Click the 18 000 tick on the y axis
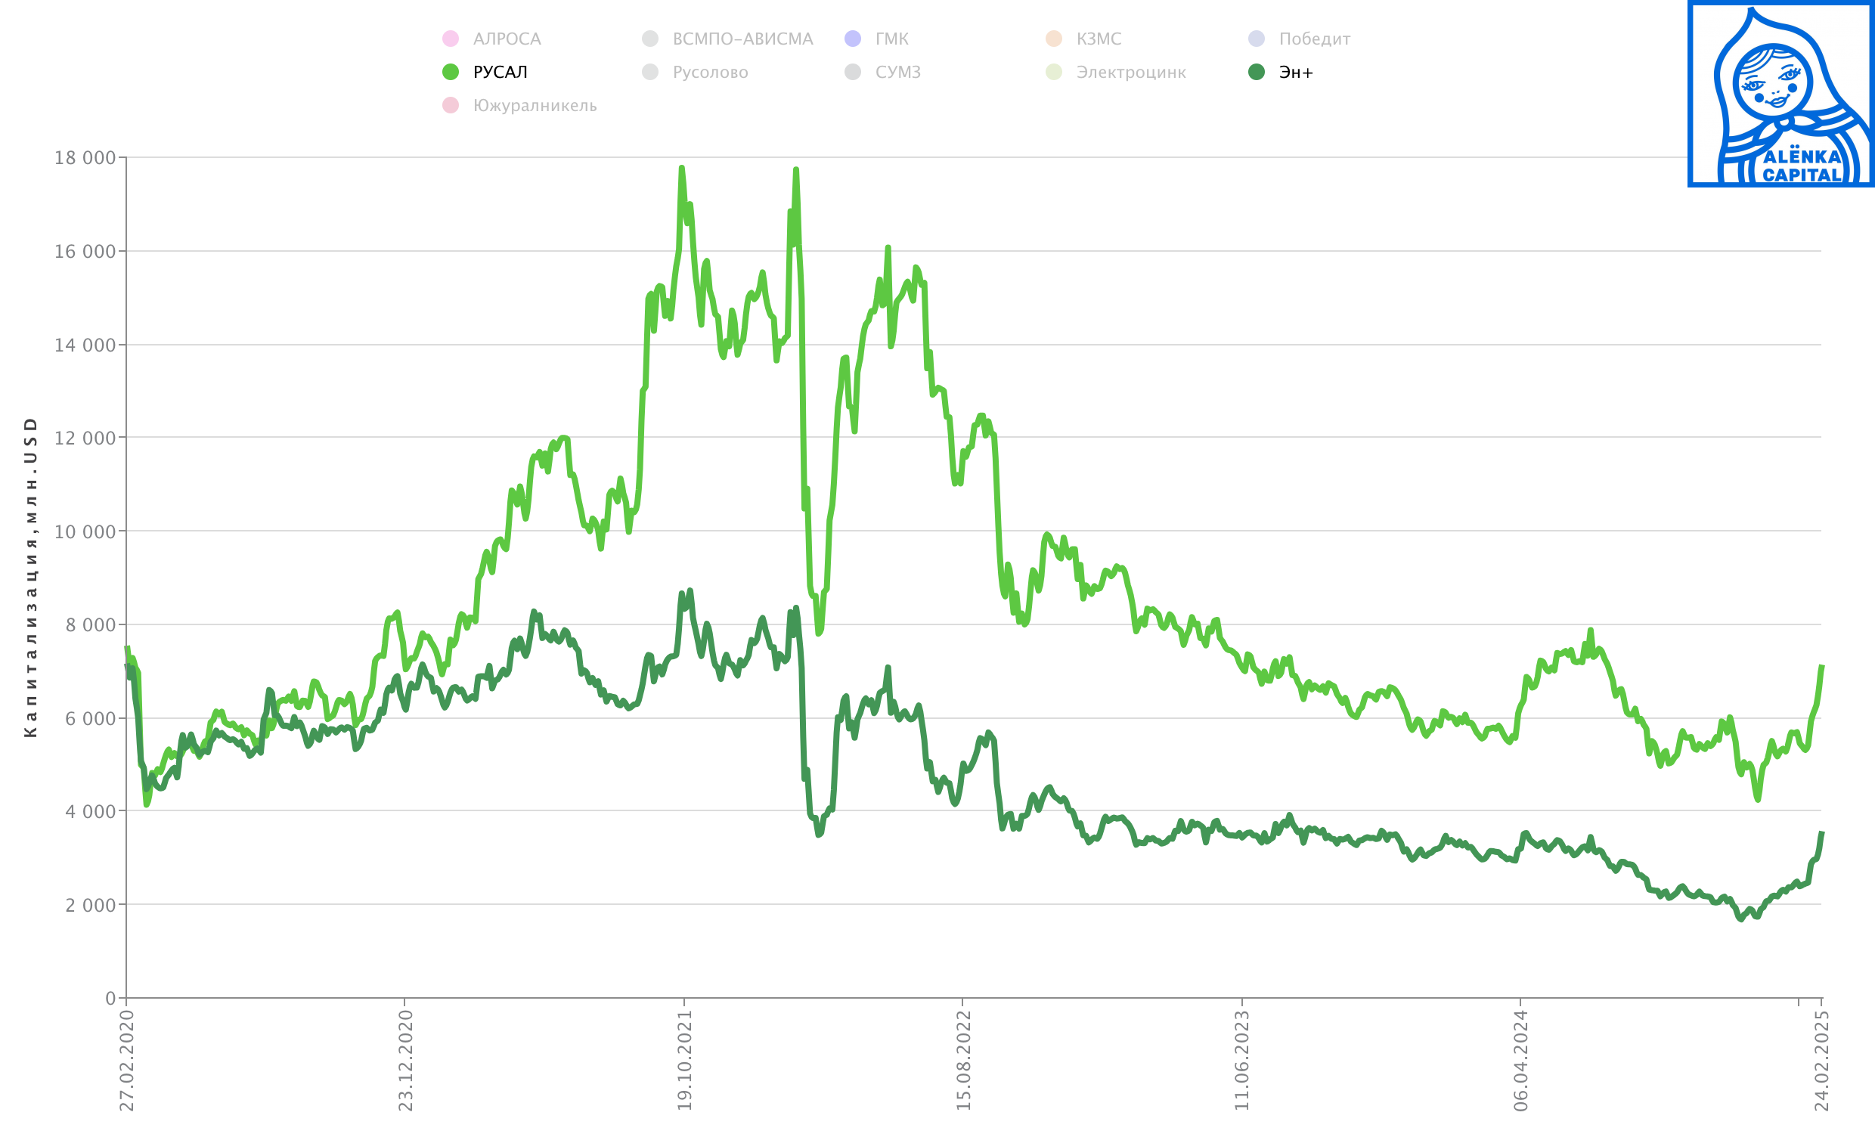pos(85,157)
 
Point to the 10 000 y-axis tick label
pos(85,532)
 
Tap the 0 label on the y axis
pos(110,999)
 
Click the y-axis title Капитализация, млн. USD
pos(30,577)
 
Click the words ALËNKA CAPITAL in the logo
pos(1801,166)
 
